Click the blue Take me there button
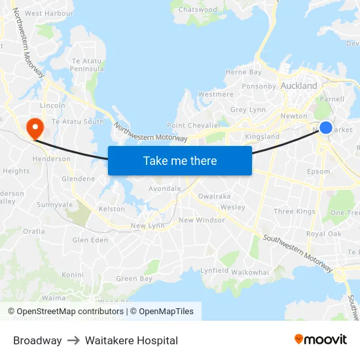(180, 160)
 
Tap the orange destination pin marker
(33, 126)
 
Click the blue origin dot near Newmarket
(325, 128)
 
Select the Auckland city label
(298, 86)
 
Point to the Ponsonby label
(259, 86)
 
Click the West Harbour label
(49, 13)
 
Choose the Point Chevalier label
(194, 125)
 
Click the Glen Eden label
(90, 240)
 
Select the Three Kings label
(294, 211)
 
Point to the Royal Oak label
(323, 234)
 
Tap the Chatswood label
(198, 10)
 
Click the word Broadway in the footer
(37, 340)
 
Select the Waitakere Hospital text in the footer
(131, 340)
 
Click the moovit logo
(321, 339)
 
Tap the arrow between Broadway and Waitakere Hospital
(73, 340)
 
